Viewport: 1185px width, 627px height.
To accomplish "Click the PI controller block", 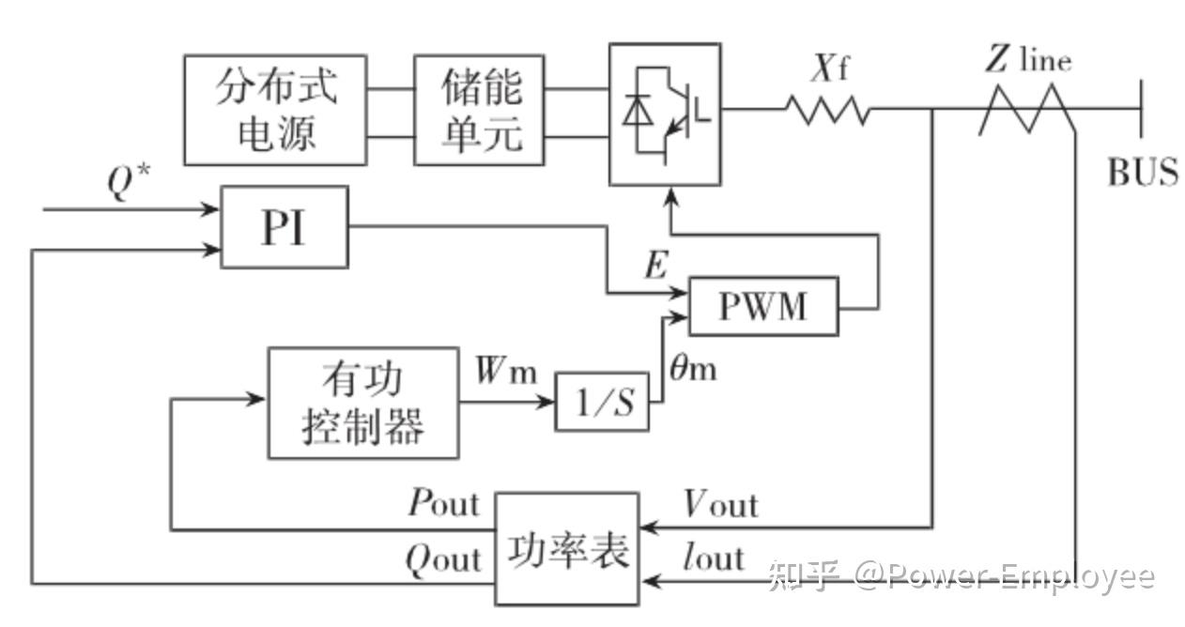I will [284, 227].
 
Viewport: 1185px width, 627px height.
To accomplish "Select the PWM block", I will [762, 306].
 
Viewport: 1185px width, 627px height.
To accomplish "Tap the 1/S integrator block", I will [602, 402].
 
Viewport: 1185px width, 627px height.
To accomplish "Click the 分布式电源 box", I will [275, 110].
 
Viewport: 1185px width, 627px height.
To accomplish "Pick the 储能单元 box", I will [480, 110].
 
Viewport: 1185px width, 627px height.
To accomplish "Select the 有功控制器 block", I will [363, 404].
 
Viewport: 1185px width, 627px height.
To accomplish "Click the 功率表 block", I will [567, 549].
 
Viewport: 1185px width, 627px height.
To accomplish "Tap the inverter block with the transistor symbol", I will [665, 114].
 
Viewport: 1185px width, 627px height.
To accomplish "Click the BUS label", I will [1143, 173].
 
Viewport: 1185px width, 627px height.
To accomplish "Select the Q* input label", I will [122, 185].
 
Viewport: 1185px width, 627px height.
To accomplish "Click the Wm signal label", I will [505, 372].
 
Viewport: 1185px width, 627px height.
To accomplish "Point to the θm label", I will [692, 368].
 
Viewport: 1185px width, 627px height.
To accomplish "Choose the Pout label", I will [443, 504].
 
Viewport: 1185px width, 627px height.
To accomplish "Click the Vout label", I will [719, 505].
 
